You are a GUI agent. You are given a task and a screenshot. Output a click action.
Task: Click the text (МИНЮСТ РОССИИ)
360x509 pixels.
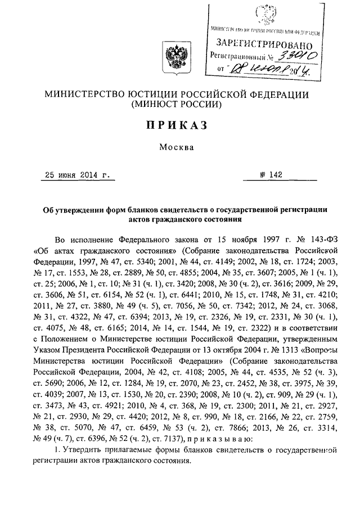pyautogui.click(x=179, y=104)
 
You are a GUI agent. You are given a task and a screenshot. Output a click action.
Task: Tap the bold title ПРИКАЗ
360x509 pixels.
pyautogui.click(x=179, y=124)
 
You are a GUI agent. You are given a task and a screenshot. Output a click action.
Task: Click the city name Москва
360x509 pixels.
pyautogui.click(x=179, y=148)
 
